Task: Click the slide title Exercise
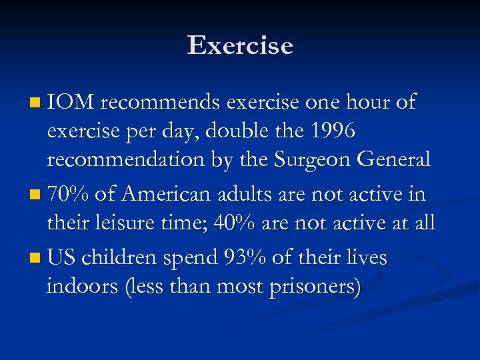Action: tap(240, 45)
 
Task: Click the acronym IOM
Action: tap(71, 102)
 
